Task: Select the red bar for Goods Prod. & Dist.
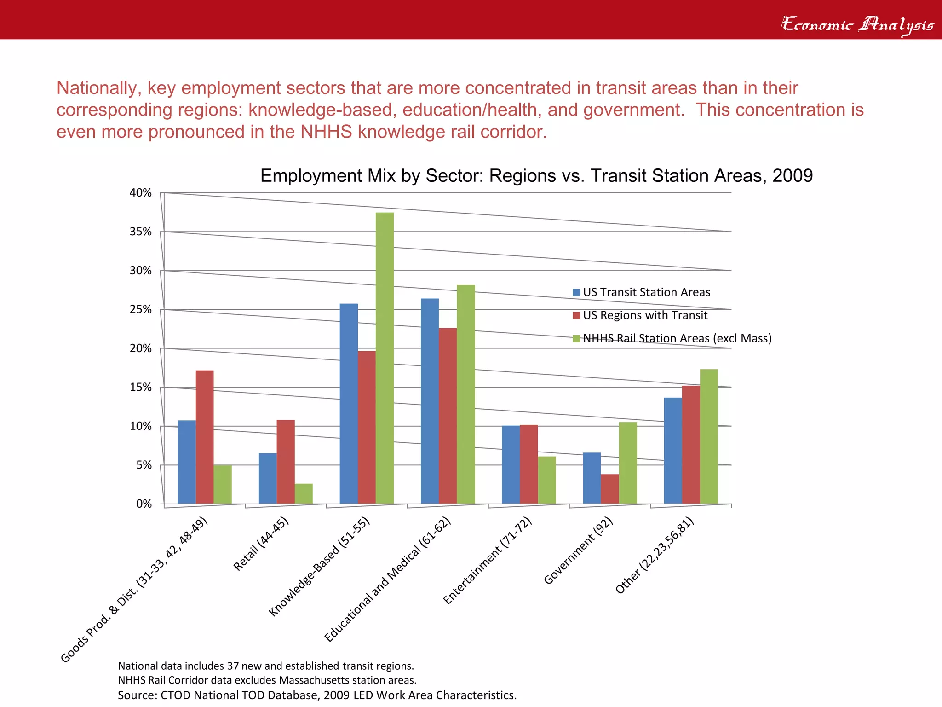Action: [x=205, y=437]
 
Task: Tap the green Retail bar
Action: [x=304, y=493]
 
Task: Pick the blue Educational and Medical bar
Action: [x=430, y=401]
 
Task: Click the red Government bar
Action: [x=610, y=489]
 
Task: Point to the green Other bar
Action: [x=709, y=436]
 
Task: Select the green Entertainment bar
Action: [x=547, y=480]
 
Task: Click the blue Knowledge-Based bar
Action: [x=349, y=404]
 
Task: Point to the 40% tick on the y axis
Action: [x=141, y=193]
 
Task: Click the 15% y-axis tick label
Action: [x=141, y=388]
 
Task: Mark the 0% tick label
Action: [x=144, y=504]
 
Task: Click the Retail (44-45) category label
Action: [x=261, y=544]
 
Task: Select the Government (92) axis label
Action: [x=578, y=551]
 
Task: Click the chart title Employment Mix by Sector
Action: [x=536, y=176]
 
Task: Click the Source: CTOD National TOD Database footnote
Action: [x=317, y=695]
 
